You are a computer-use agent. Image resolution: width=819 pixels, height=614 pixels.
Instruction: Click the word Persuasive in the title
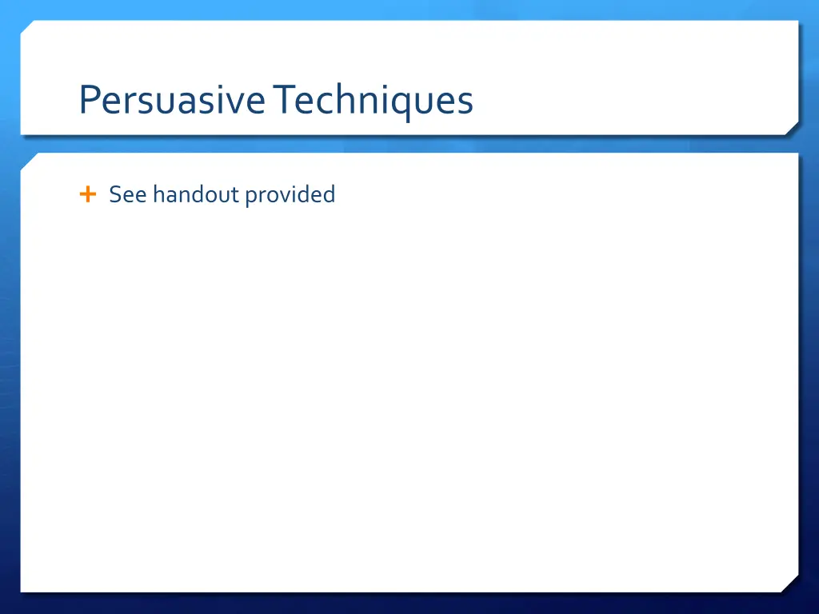(x=171, y=101)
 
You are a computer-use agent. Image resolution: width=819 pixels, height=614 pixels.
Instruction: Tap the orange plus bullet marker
(x=88, y=193)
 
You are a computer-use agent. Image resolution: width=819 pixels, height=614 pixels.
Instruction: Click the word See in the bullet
(x=127, y=194)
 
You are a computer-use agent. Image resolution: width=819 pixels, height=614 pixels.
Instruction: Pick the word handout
(x=196, y=194)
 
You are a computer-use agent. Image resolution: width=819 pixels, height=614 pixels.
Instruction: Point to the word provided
(x=290, y=195)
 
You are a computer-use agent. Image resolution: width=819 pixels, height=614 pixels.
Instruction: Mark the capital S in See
(x=115, y=194)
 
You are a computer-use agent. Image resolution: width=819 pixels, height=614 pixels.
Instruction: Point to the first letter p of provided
(x=250, y=197)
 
